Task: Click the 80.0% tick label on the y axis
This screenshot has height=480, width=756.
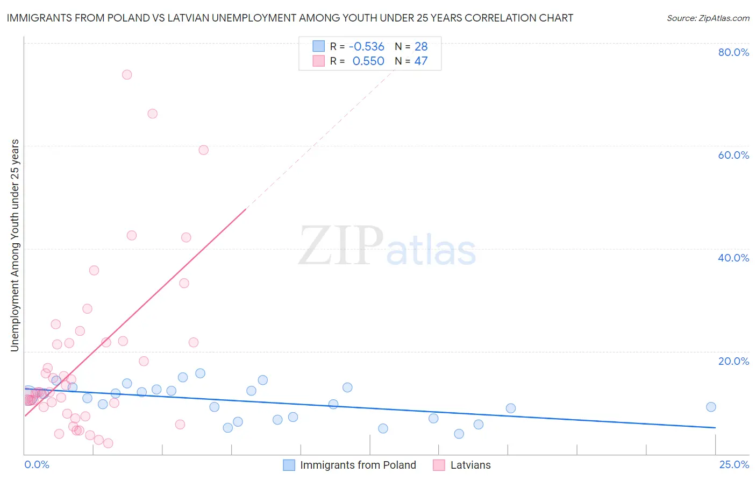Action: (733, 52)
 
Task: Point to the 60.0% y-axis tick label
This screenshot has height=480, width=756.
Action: (733, 155)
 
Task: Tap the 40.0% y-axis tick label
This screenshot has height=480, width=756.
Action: (733, 258)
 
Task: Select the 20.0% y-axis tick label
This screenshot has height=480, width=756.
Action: (733, 361)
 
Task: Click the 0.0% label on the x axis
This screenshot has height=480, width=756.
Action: (37, 464)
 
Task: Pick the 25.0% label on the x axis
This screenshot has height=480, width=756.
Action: (734, 464)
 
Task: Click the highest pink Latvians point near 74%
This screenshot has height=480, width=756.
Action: (127, 75)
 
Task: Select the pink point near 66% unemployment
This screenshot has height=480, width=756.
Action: (153, 114)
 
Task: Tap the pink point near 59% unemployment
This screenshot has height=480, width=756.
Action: (203, 150)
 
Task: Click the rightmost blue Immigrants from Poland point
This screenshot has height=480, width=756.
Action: (711, 407)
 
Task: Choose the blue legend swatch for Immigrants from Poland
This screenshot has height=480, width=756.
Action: (289, 465)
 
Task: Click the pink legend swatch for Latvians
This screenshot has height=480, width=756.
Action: (439, 465)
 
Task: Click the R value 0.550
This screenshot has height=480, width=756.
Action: (368, 61)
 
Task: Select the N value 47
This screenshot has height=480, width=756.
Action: (421, 61)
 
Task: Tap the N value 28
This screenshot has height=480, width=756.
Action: (421, 47)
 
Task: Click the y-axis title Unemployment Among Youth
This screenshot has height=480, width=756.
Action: (15, 245)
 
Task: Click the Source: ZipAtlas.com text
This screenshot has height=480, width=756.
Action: (708, 18)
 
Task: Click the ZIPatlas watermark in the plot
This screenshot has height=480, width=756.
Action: (387, 246)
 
